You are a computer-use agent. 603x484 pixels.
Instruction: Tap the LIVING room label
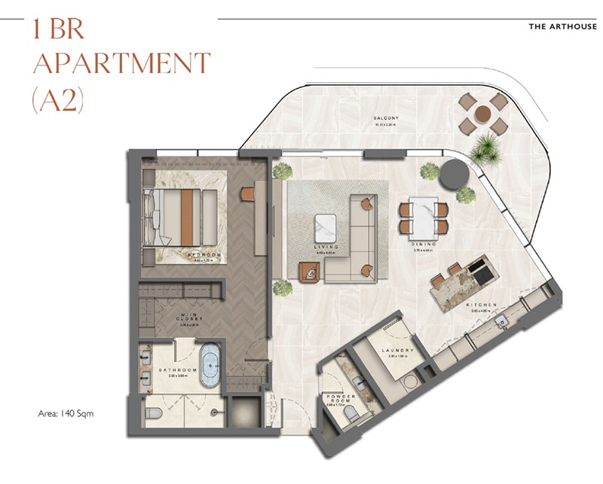coord(326,247)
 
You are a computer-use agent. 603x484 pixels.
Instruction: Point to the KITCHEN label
coord(483,304)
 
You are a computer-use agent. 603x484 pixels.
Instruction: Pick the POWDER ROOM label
coord(341,399)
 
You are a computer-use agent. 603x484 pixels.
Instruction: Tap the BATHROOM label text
coord(178,370)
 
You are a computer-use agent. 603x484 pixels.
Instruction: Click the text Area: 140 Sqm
coord(66,413)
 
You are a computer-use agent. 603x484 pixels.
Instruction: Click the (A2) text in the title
coord(57,99)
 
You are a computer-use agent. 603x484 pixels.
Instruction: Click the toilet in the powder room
coord(347,415)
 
